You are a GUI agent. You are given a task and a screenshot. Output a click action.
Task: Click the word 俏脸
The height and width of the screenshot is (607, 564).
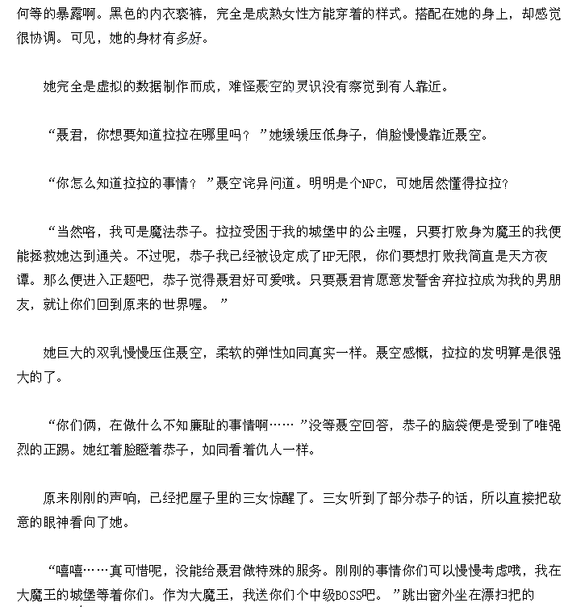point(391,135)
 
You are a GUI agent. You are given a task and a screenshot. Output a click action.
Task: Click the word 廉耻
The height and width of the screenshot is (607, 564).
point(212,424)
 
